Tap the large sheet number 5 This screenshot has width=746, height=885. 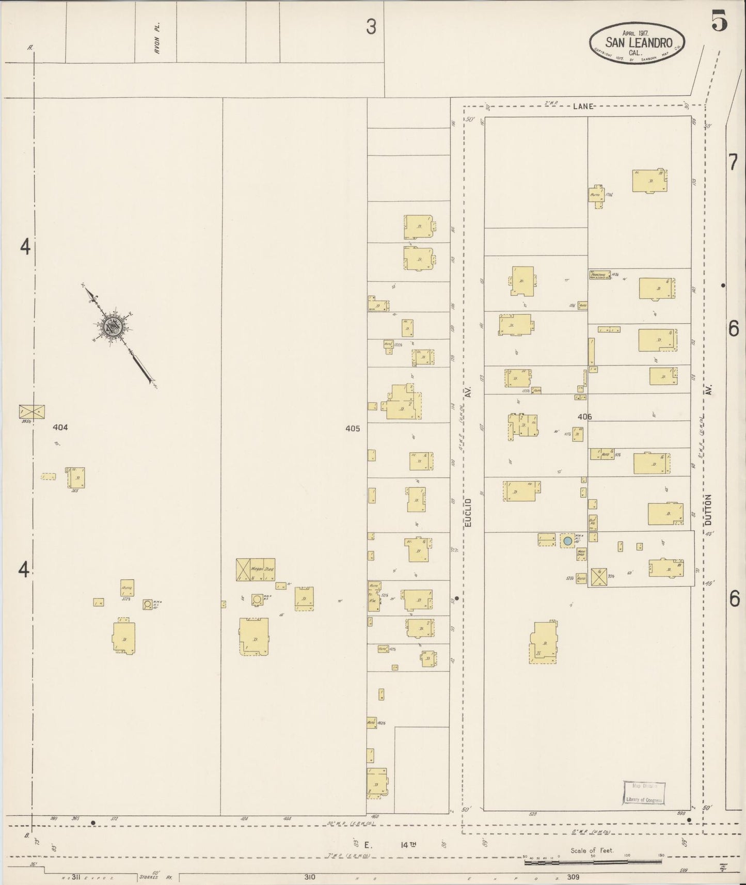tap(719, 21)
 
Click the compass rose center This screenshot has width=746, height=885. tap(113, 326)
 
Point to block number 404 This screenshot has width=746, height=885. tap(60, 428)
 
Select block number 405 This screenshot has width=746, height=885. tap(353, 428)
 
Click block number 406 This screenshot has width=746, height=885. tap(585, 417)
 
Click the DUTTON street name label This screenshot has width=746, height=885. tap(708, 511)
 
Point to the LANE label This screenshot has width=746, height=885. tap(583, 106)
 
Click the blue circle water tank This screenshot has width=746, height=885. tap(568, 541)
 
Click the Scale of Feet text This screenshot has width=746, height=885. tap(592, 850)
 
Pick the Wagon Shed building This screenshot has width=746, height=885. tap(256, 569)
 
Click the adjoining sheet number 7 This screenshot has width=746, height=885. tap(733, 163)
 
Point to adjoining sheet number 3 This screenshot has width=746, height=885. tap(371, 27)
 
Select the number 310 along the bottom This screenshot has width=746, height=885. tap(309, 877)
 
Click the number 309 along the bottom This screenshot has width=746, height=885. tap(573, 877)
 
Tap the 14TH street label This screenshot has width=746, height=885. tap(408, 845)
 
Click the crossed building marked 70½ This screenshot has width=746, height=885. tap(599, 577)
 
